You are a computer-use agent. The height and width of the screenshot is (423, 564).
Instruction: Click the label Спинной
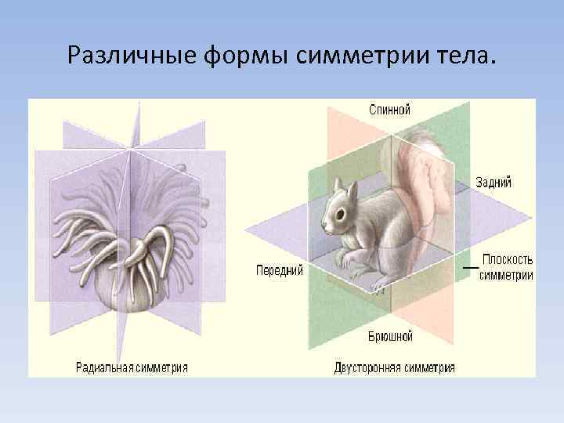pyautogui.click(x=389, y=110)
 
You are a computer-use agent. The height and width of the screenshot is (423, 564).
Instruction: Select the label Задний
pyautogui.click(x=493, y=183)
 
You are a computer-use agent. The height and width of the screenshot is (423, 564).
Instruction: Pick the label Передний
pyautogui.click(x=280, y=270)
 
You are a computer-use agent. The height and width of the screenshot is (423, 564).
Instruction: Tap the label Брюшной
pyautogui.click(x=390, y=336)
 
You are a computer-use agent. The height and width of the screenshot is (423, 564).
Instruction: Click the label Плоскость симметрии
pyautogui.click(x=507, y=267)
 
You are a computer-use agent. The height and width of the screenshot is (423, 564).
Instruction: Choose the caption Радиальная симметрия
pyautogui.click(x=132, y=366)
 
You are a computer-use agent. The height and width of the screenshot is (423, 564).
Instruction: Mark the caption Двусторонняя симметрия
pyautogui.click(x=394, y=367)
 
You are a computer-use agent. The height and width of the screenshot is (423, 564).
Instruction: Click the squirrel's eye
pyautogui.click(x=339, y=212)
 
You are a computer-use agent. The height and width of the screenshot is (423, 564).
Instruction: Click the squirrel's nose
pyautogui.click(x=324, y=226)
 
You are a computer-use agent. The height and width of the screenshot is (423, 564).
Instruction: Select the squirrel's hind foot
pyautogui.click(x=380, y=287)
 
